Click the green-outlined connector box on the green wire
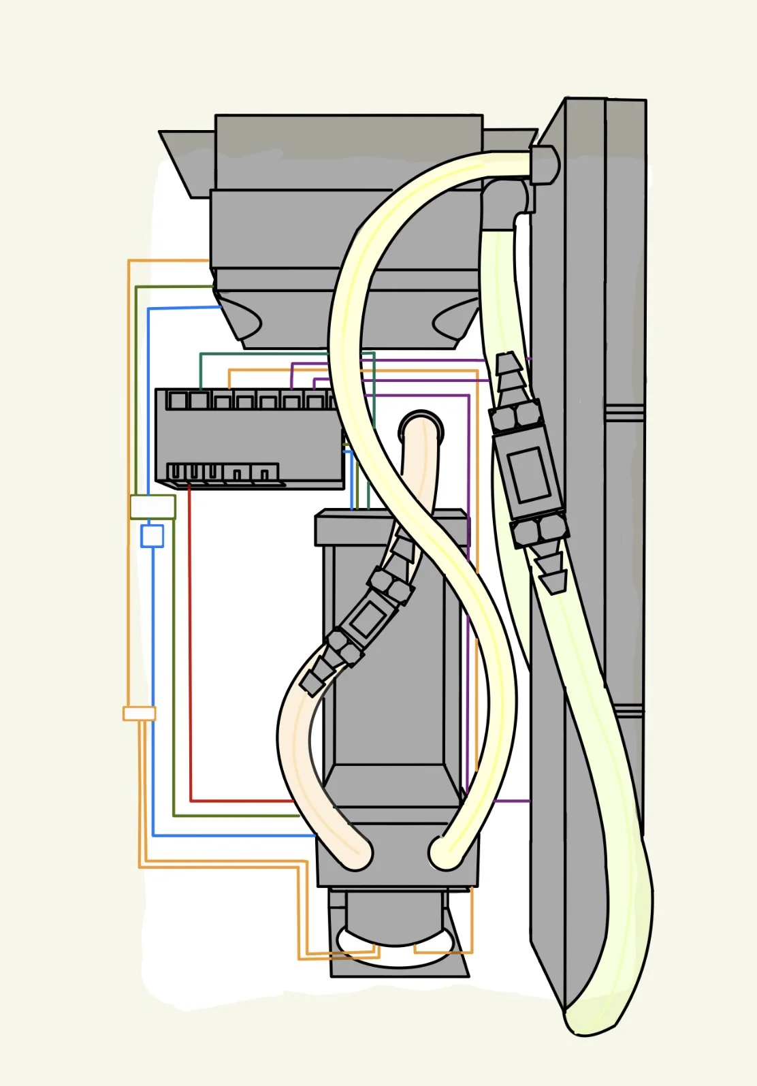click(152, 507)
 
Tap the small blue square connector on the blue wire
click(152, 536)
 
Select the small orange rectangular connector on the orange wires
click(140, 714)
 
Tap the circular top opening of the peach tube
click(421, 430)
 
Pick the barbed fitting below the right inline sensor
click(553, 571)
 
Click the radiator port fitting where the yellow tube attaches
click(544, 164)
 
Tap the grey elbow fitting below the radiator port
click(507, 202)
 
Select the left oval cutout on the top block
click(243, 317)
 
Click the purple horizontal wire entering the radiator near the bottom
click(511, 801)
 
